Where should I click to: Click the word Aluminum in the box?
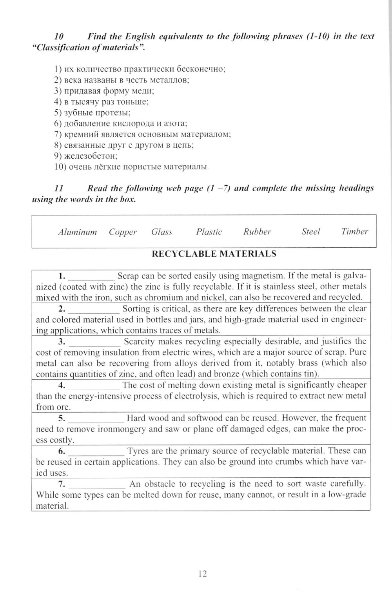click(x=77, y=232)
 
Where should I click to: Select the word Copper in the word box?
click(x=123, y=232)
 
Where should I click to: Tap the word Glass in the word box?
click(x=162, y=232)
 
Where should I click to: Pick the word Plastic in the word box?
click(x=209, y=232)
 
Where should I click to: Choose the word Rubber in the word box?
click(x=257, y=232)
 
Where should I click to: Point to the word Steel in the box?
click(x=310, y=232)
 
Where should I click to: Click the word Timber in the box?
click(x=355, y=232)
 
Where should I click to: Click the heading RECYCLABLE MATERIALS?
click(x=214, y=254)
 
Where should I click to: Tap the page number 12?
click(x=203, y=574)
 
